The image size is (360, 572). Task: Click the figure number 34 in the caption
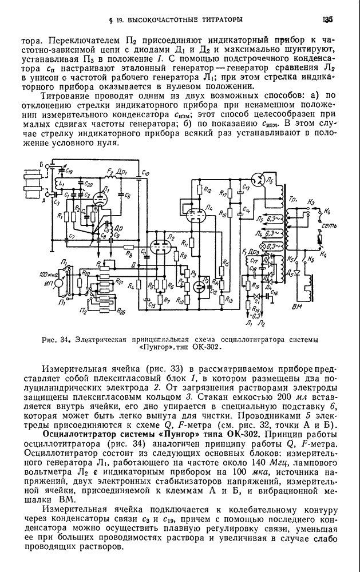64,340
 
